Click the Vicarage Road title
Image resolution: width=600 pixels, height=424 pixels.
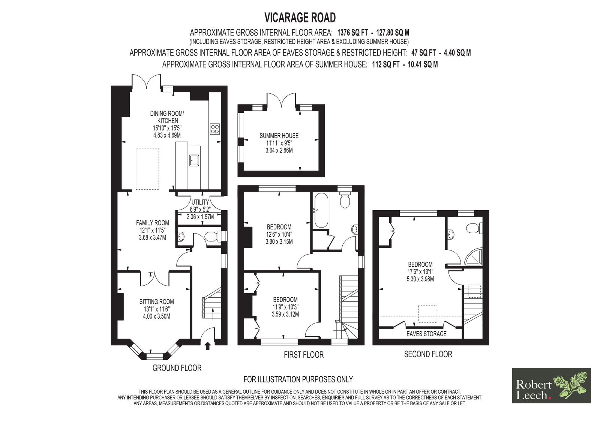300,18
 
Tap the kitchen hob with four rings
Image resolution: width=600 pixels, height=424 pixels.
215,129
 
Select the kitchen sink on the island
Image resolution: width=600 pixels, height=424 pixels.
194,160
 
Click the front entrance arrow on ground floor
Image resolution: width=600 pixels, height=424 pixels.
207,346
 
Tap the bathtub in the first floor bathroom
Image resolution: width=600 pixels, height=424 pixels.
321,211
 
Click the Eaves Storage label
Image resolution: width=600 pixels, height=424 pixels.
426,334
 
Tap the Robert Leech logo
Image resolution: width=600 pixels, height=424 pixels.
551,385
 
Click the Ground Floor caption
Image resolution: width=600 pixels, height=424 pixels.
177,368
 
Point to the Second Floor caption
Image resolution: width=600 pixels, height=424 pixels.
428,354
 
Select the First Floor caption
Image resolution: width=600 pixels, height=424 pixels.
304,355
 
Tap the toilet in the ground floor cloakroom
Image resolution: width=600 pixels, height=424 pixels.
211,237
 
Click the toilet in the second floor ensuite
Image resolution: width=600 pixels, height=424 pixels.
474,229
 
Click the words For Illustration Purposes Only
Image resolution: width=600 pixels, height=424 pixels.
298,379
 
